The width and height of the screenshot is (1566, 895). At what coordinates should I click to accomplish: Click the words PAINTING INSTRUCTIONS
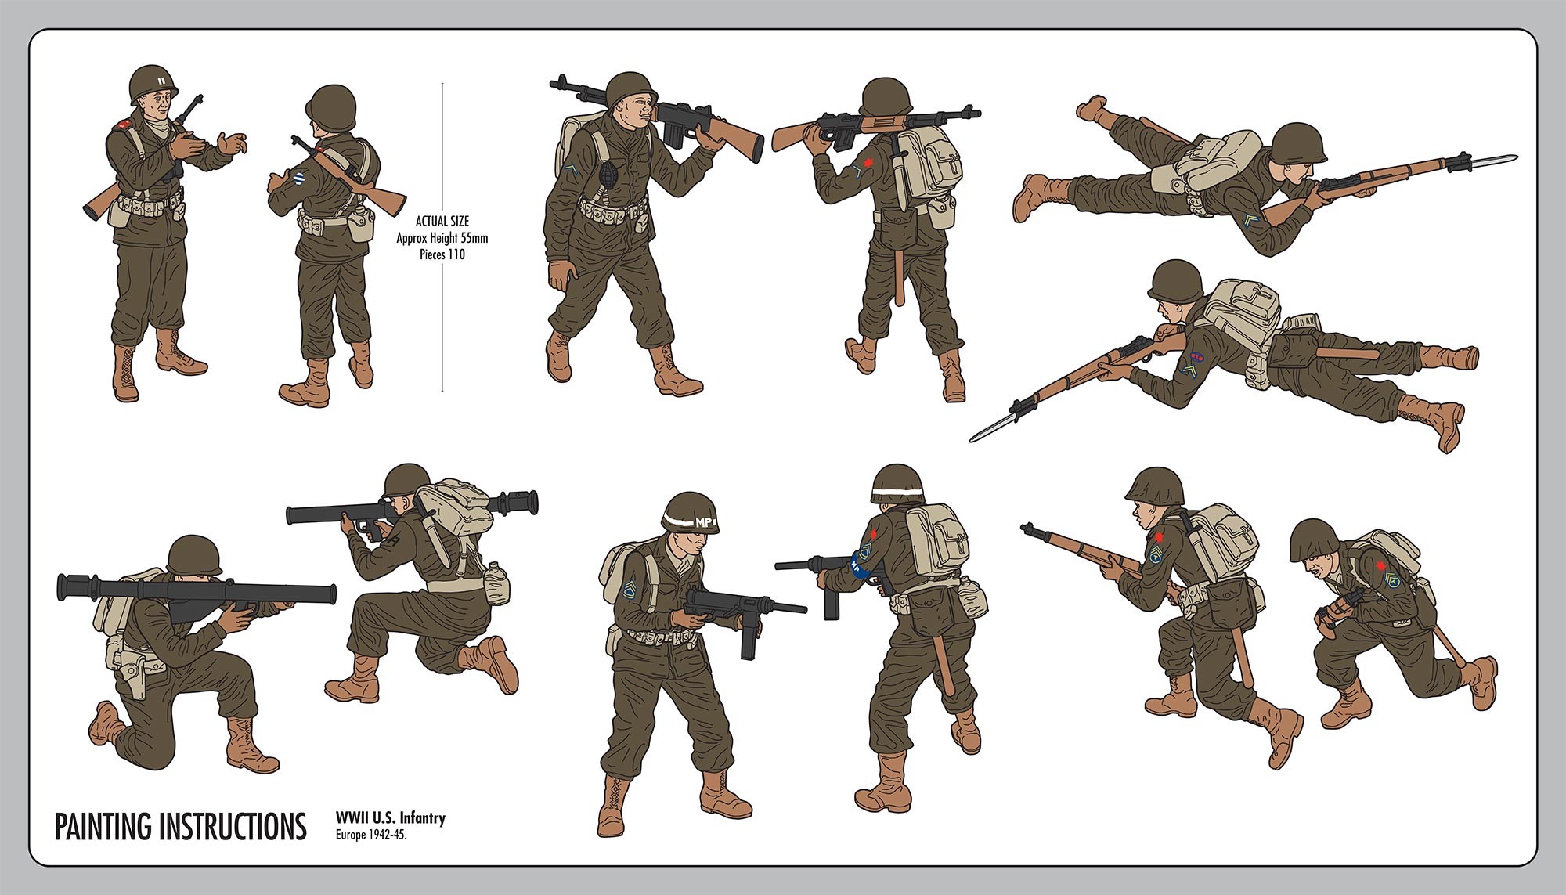pyautogui.click(x=180, y=827)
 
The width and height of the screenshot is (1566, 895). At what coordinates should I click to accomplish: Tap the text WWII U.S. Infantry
pyautogui.click(x=391, y=818)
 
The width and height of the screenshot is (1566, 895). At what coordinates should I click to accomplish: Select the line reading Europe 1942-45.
pyautogui.click(x=372, y=835)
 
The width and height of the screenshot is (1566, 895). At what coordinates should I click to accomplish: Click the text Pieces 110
pyautogui.click(x=442, y=254)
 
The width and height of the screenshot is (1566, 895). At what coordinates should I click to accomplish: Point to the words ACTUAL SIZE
pyautogui.click(x=442, y=222)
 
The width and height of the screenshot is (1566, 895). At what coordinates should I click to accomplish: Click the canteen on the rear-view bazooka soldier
pyautogui.click(x=497, y=583)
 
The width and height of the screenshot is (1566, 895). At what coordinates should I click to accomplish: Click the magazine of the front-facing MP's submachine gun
pyautogui.click(x=749, y=633)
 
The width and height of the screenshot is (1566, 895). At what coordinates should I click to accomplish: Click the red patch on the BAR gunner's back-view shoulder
pyautogui.click(x=866, y=164)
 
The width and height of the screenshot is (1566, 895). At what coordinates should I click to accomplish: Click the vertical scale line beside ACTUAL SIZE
pyautogui.click(x=442, y=236)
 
